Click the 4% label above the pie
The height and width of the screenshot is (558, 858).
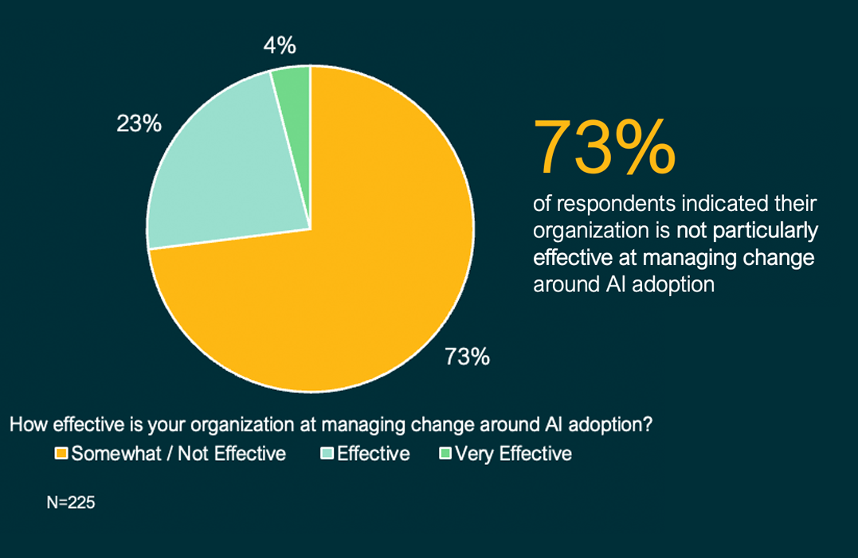point(280,46)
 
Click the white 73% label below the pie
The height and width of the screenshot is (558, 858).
point(467,357)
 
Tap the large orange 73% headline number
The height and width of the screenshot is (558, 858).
point(605,148)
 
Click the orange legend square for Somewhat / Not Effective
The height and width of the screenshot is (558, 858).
point(61,455)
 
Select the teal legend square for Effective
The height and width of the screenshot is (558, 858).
point(327,455)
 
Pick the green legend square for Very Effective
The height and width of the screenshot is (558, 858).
point(445,455)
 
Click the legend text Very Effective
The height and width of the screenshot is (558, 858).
point(513,455)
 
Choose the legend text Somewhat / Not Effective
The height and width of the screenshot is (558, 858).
point(178,455)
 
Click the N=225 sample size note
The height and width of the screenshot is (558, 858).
point(72,502)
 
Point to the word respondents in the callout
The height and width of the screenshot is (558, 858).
point(613,205)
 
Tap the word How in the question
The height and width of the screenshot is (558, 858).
point(25,425)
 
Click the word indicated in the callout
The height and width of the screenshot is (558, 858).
point(720,205)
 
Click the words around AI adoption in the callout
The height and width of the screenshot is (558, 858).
point(623,285)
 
